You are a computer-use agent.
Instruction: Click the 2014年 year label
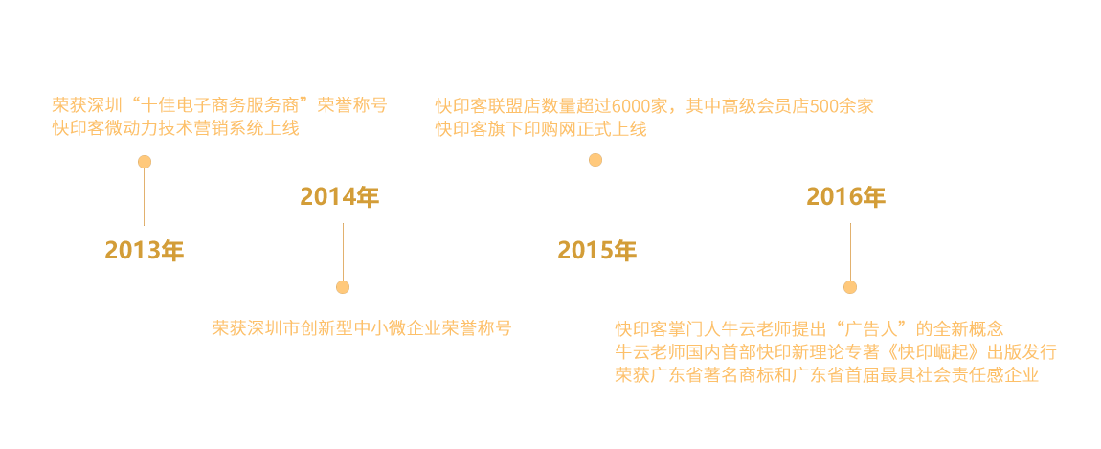(340, 198)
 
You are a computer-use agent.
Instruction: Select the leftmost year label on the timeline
(144, 251)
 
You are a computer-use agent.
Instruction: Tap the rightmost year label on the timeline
(846, 198)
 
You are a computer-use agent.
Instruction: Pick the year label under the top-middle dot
(596, 251)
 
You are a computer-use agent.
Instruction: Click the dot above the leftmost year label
(145, 162)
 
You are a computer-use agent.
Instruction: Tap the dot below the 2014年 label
(343, 287)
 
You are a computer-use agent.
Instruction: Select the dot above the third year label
(595, 160)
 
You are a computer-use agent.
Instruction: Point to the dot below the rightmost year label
(850, 287)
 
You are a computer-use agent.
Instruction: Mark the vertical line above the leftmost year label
(145, 197)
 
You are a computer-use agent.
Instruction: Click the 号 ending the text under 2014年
(504, 328)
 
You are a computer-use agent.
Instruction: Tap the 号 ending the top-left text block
(378, 105)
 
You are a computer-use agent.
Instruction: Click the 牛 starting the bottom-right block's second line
(622, 351)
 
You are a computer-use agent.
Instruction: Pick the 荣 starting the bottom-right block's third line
(622, 373)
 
